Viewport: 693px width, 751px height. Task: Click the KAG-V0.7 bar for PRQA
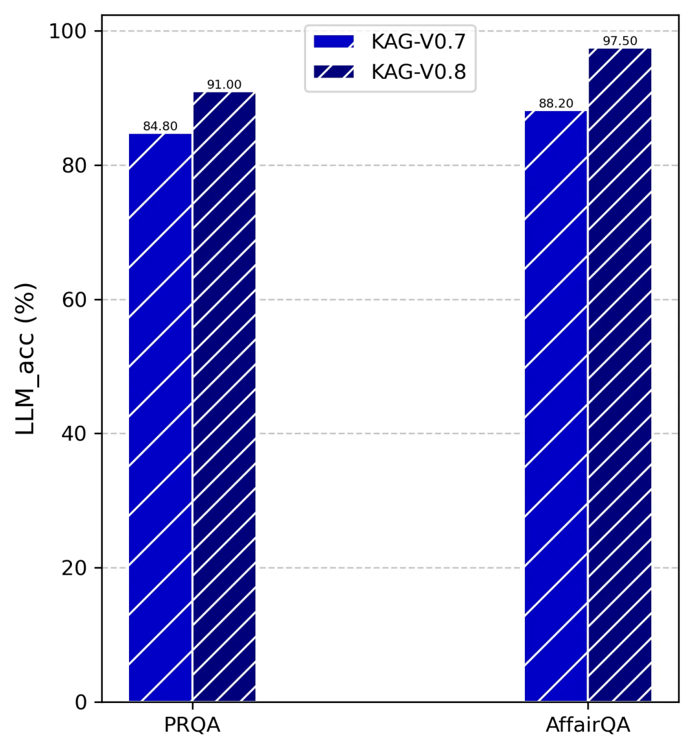(160, 417)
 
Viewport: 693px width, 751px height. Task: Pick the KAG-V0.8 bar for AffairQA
(619, 375)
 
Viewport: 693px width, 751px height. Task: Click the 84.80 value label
(160, 126)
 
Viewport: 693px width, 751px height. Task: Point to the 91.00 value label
(224, 85)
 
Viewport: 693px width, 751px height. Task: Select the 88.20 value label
(556, 103)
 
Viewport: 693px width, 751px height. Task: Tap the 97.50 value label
(619, 41)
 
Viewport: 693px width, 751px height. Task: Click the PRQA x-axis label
(192, 725)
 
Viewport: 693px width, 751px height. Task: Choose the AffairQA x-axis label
(588, 725)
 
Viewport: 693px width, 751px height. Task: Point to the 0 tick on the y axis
(80, 702)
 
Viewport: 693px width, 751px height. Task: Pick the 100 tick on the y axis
(68, 31)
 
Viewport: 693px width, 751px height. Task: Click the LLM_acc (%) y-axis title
(26, 359)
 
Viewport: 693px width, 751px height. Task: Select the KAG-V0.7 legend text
(418, 42)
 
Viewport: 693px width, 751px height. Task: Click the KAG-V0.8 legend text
(418, 72)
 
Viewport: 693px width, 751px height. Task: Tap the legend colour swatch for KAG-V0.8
(334, 72)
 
